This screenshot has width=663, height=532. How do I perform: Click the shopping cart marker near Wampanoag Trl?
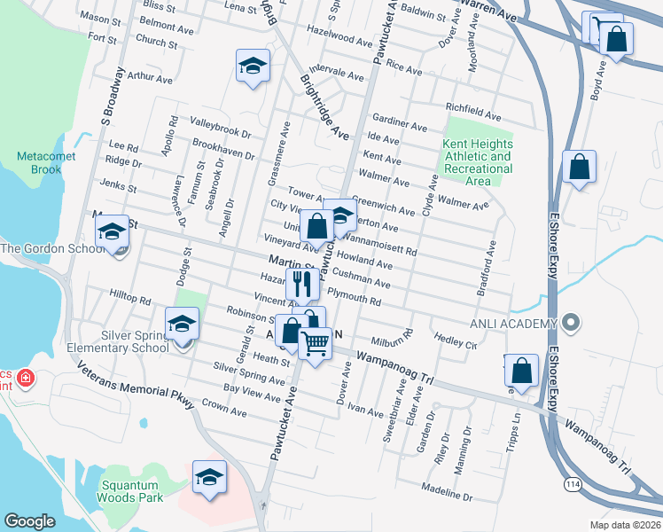click(316, 342)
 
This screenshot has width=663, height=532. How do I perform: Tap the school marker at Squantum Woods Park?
click(210, 478)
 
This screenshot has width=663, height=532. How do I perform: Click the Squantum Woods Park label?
click(133, 491)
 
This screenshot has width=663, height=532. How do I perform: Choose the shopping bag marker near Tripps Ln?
click(523, 372)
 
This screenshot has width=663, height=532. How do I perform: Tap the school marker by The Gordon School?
click(113, 233)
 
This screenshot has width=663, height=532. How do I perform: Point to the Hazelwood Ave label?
click(338, 41)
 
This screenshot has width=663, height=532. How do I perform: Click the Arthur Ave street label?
click(149, 77)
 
